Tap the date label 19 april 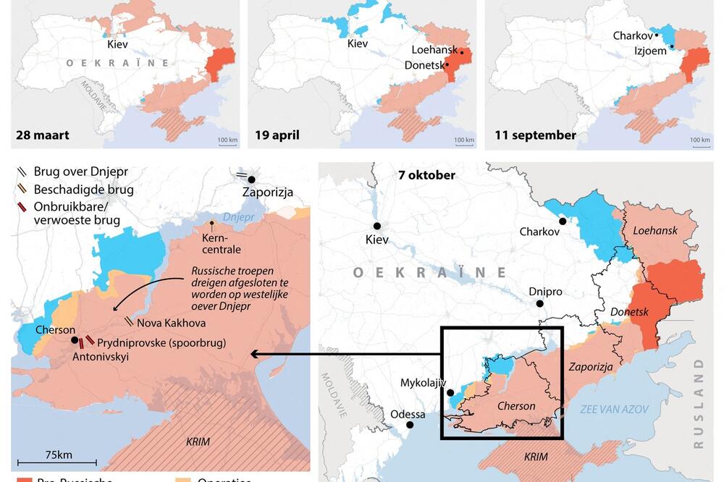(x=277, y=135)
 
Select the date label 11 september (x=535, y=135)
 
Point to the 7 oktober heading (x=426, y=175)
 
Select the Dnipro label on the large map (x=545, y=292)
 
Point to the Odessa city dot (x=408, y=426)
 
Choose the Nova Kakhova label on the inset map (x=170, y=323)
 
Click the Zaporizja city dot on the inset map (x=251, y=179)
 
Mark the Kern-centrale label (x=222, y=244)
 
